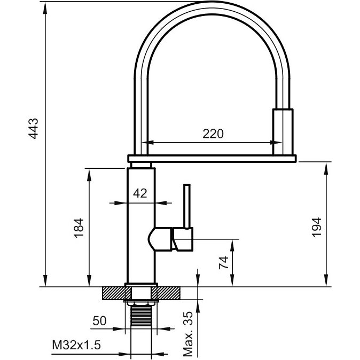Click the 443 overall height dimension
(34, 129)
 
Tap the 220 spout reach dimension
(213, 134)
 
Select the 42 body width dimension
(140, 193)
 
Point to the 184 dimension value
(79, 228)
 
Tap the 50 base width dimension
(99, 321)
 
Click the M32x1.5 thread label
(76, 346)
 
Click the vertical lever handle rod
(187, 206)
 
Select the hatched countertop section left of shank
(113, 293)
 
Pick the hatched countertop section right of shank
(169, 293)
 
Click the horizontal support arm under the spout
(212, 158)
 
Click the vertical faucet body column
(140, 224)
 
